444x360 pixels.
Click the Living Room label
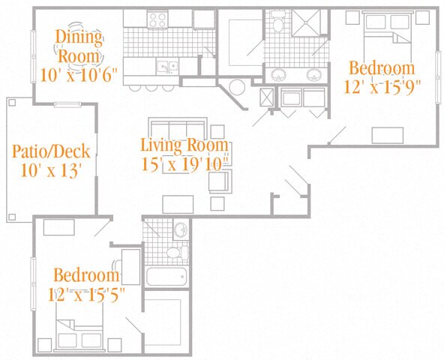(x=184, y=145)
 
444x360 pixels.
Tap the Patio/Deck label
(x=51, y=151)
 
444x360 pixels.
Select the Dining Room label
(x=79, y=46)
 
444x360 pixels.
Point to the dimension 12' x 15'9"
(x=382, y=86)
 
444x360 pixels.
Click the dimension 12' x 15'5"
(x=86, y=294)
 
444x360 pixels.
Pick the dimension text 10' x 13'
(x=52, y=170)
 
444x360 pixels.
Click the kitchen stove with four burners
(x=157, y=19)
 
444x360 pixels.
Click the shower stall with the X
(x=306, y=22)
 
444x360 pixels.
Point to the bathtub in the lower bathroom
(x=166, y=277)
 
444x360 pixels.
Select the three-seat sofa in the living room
(x=178, y=128)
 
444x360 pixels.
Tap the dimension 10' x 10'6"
(x=79, y=75)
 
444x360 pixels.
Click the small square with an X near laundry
(x=267, y=97)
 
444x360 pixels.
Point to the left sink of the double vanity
(x=279, y=75)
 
